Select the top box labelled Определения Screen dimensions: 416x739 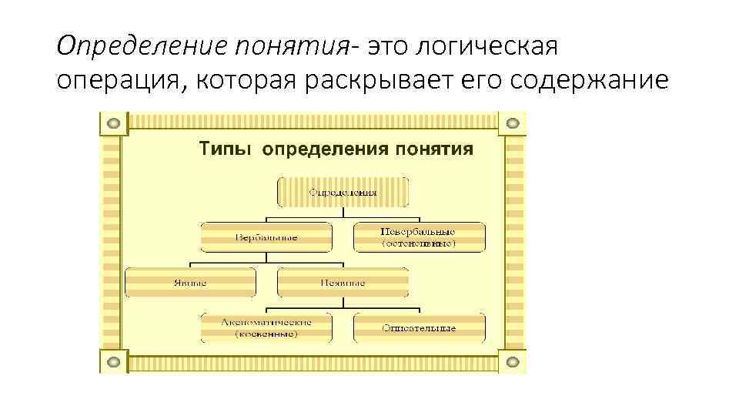pyautogui.click(x=343, y=192)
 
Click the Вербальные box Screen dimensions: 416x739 pyautogui.click(x=266, y=237)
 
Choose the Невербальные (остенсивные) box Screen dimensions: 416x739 pyautogui.click(x=420, y=237)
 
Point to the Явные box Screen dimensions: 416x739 pyautogui.click(x=190, y=282)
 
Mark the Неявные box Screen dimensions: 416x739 pyautogui.click(x=343, y=282)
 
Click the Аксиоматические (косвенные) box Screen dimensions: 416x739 pyautogui.click(x=266, y=327)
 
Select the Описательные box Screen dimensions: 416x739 pyautogui.click(x=420, y=327)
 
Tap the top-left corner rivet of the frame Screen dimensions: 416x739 pyautogui.click(x=114, y=122)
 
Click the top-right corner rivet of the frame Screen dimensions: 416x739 pyautogui.click(x=513, y=122)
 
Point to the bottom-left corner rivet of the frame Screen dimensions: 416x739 pyautogui.click(x=114, y=361)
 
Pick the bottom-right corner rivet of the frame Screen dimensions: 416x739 pyautogui.click(x=513, y=361)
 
